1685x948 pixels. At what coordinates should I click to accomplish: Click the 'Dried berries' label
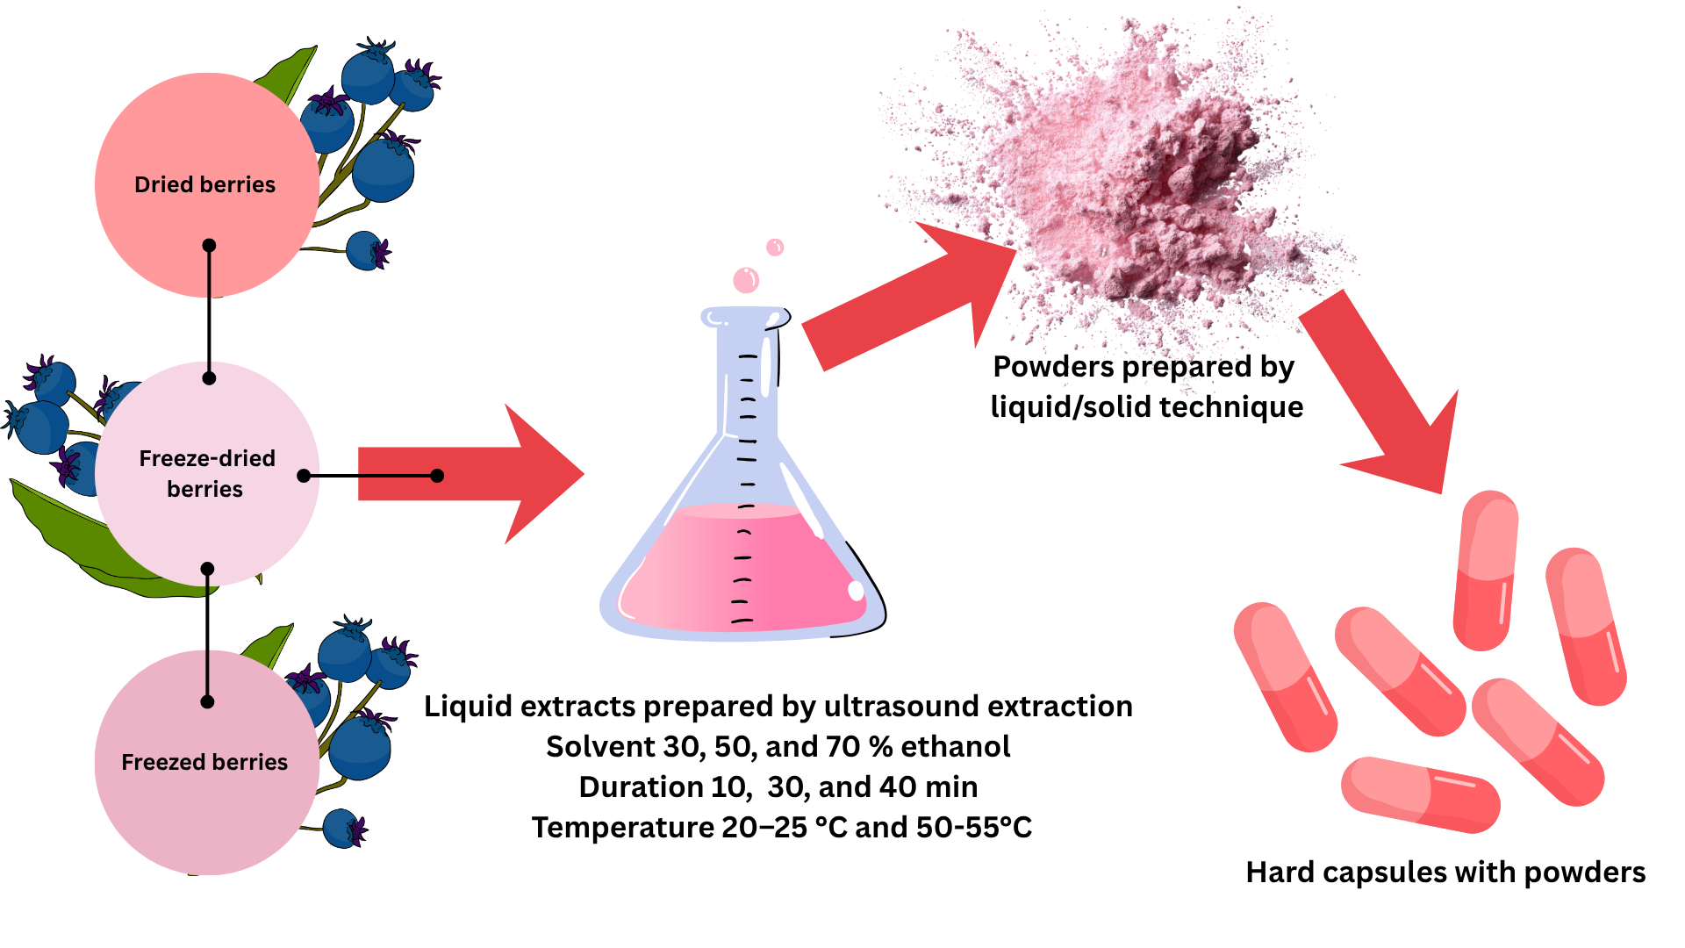tap(204, 184)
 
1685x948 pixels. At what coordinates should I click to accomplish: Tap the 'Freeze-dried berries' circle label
tap(206, 473)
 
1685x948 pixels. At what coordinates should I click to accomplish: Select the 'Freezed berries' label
tap(204, 762)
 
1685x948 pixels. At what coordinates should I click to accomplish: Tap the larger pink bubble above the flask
tap(745, 280)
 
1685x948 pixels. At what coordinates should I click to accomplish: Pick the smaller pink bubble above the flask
tap(775, 247)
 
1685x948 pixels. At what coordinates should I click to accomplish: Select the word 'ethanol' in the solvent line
tap(956, 747)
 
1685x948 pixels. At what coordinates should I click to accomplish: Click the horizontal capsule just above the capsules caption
tap(1420, 794)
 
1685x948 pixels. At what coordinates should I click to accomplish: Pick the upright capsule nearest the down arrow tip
tap(1486, 571)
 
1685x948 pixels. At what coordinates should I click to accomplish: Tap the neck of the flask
tap(747, 377)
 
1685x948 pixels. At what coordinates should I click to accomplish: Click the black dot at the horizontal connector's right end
tap(437, 476)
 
